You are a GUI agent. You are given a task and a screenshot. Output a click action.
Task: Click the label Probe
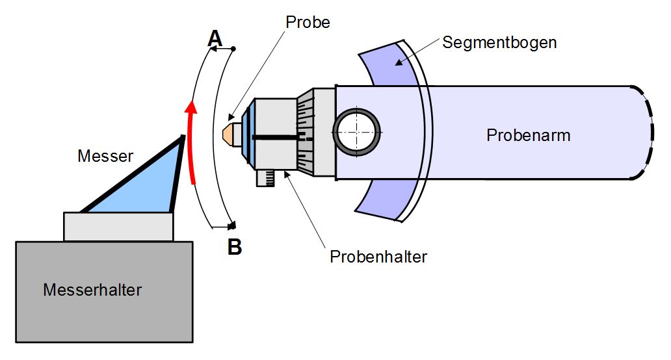click(x=308, y=22)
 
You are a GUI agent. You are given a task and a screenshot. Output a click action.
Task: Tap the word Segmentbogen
click(x=499, y=43)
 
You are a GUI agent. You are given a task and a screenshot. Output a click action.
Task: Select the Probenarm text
click(x=529, y=136)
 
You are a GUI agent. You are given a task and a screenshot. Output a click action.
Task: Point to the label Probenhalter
click(x=378, y=257)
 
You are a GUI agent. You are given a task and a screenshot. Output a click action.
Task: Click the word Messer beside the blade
click(x=105, y=156)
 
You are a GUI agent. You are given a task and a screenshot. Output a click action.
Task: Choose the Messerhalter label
click(x=92, y=290)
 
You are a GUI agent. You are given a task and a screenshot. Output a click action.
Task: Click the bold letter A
click(x=215, y=38)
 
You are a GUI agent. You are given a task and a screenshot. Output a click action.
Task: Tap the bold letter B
click(x=235, y=247)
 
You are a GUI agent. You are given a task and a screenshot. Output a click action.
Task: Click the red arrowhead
click(x=191, y=107)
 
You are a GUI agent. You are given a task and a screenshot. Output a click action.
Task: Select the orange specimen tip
click(x=227, y=133)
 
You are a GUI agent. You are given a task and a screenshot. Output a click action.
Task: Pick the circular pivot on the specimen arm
click(x=356, y=132)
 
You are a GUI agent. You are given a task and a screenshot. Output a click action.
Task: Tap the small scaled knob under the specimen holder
click(x=265, y=178)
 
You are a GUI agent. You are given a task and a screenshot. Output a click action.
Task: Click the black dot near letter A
click(x=233, y=49)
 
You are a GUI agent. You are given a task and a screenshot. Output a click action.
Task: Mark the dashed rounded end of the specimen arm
click(x=644, y=133)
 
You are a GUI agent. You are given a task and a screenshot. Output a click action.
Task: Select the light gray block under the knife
click(x=118, y=227)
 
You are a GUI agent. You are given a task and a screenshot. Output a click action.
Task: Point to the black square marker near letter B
click(x=233, y=225)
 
